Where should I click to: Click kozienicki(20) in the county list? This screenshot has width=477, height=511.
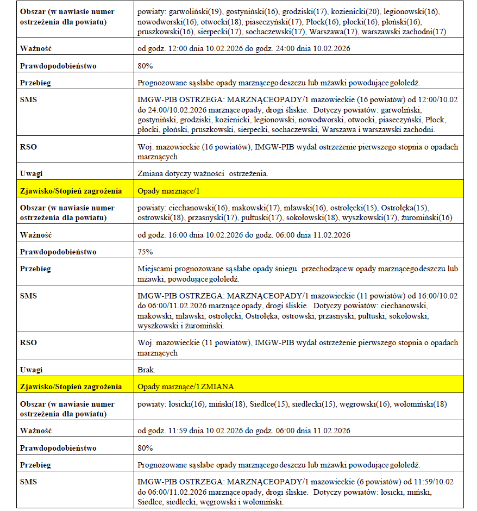tap(348, 11)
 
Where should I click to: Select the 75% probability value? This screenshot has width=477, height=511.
tap(146, 252)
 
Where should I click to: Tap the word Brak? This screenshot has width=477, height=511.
tap(147, 370)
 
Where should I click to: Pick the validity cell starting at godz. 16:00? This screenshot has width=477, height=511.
tap(244, 235)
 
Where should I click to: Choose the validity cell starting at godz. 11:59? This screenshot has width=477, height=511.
tap(244, 431)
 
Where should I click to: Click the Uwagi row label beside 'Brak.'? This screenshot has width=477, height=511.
tap(31, 370)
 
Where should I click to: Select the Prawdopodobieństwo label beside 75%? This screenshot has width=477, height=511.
tap(58, 252)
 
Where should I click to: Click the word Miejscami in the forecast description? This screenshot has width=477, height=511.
tap(155, 269)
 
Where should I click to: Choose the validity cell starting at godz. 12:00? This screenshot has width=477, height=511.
tap(244, 49)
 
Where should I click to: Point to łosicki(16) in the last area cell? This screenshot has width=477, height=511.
tap(186, 404)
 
